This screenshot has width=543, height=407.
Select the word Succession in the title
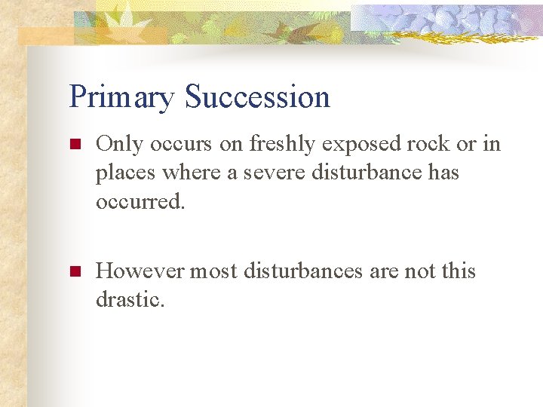pos(257,97)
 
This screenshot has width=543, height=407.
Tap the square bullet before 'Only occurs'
pos(74,143)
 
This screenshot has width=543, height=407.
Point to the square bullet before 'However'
pos(74,271)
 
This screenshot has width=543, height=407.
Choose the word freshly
pos(282,143)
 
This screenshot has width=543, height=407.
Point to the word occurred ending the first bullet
pos(140,202)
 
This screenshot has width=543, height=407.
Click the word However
pos(140,271)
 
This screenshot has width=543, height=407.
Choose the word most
pos(215,271)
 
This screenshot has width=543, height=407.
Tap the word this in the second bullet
pos(459,271)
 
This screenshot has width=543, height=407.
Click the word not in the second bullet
pos(419,271)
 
